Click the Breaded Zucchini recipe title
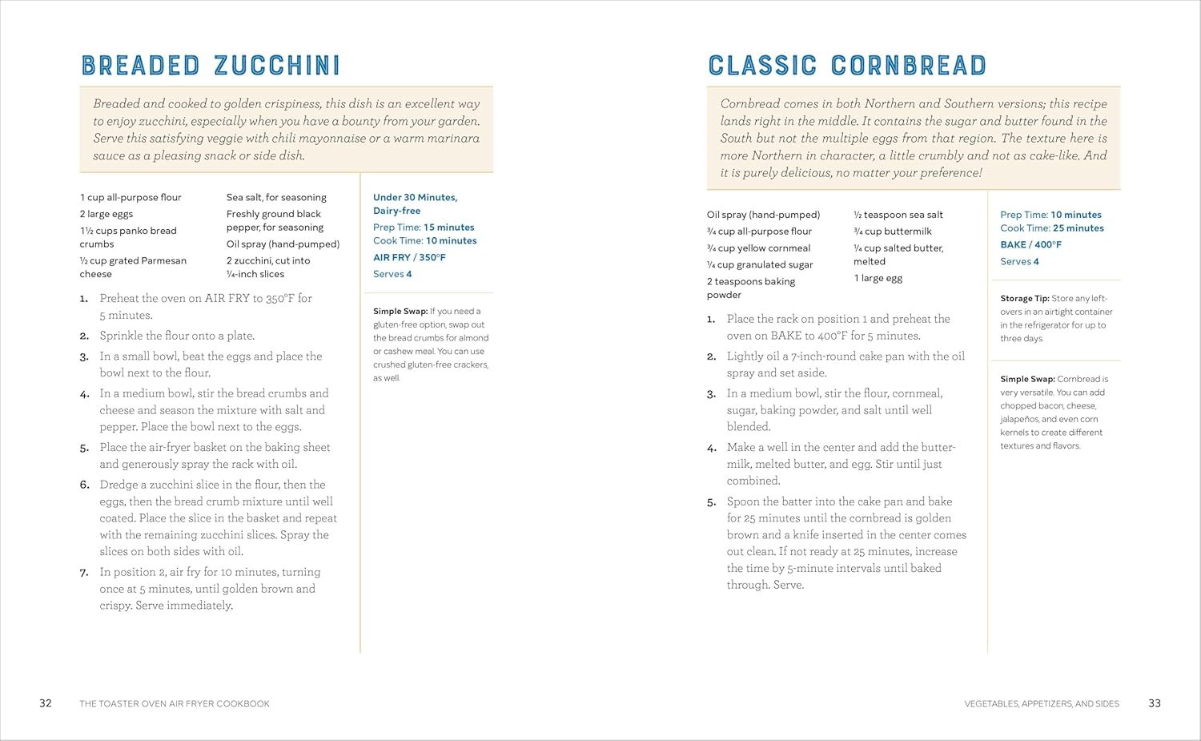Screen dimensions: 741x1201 tap(211, 66)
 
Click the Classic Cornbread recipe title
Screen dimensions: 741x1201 tap(847, 66)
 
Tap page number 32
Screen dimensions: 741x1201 tap(46, 703)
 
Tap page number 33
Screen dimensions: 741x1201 tap(1154, 703)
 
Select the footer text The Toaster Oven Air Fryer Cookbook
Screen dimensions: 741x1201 tap(175, 704)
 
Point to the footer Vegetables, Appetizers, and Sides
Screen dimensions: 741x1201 tap(1041, 704)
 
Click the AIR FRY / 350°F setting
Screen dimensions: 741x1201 tap(409, 257)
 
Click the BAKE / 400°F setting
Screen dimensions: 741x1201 tap(1030, 244)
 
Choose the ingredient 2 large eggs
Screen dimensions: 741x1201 tap(106, 214)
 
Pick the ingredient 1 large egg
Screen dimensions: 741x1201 tap(878, 278)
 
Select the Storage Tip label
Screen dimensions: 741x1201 tap(1024, 298)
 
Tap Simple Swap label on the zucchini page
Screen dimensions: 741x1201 tap(400, 311)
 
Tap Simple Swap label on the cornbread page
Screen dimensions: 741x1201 tap(1027, 379)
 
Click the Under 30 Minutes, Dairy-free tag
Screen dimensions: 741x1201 tap(415, 203)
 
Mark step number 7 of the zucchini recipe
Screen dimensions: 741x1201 tap(84, 573)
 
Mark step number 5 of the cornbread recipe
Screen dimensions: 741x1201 tap(711, 502)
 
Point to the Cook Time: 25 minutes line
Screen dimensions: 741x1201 tap(1051, 228)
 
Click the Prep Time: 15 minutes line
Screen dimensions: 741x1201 tap(424, 228)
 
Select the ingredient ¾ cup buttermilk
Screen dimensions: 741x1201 tap(892, 232)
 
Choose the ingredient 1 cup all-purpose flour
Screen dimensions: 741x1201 tap(131, 197)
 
